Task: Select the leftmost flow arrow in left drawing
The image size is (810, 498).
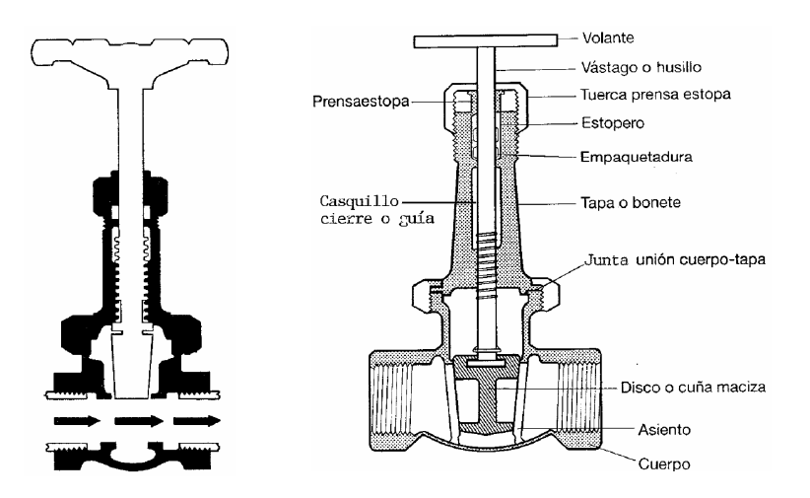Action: (x=76, y=421)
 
